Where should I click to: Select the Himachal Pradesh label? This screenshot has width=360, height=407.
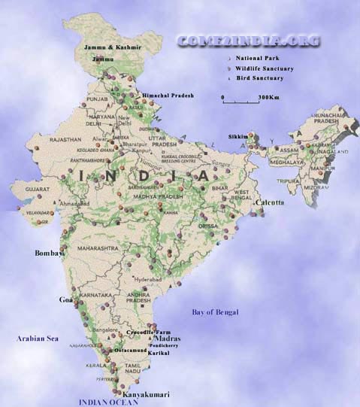[168, 96]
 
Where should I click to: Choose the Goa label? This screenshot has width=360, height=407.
[65, 299]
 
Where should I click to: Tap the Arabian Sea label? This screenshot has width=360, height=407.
[38, 339]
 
